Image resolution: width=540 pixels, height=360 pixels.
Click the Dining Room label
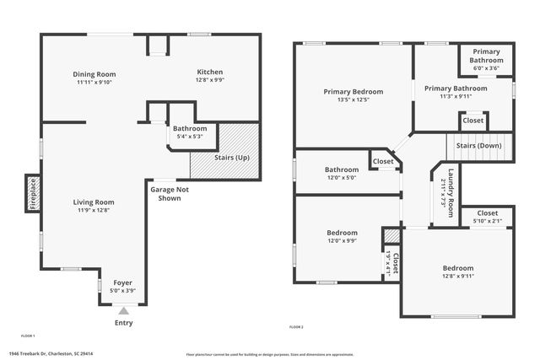(94, 74)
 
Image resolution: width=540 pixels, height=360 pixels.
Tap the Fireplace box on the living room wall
(33, 192)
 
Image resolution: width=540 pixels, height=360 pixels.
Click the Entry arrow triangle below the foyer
(123, 311)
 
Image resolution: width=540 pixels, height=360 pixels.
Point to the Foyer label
(123, 282)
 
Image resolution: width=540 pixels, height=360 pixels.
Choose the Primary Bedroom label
(353, 92)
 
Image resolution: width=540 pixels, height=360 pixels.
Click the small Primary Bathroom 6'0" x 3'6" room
(486, 56)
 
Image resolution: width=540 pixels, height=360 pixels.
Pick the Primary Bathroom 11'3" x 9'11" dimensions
(456, 97)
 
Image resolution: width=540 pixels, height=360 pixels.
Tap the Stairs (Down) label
(478, 146)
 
